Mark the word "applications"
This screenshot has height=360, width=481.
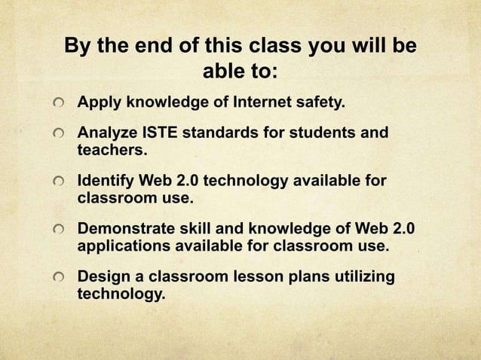coord(124,246)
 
